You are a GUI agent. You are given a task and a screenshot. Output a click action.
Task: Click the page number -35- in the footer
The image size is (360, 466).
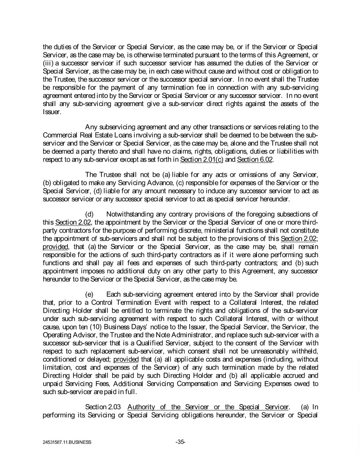[x=180, y=441]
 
